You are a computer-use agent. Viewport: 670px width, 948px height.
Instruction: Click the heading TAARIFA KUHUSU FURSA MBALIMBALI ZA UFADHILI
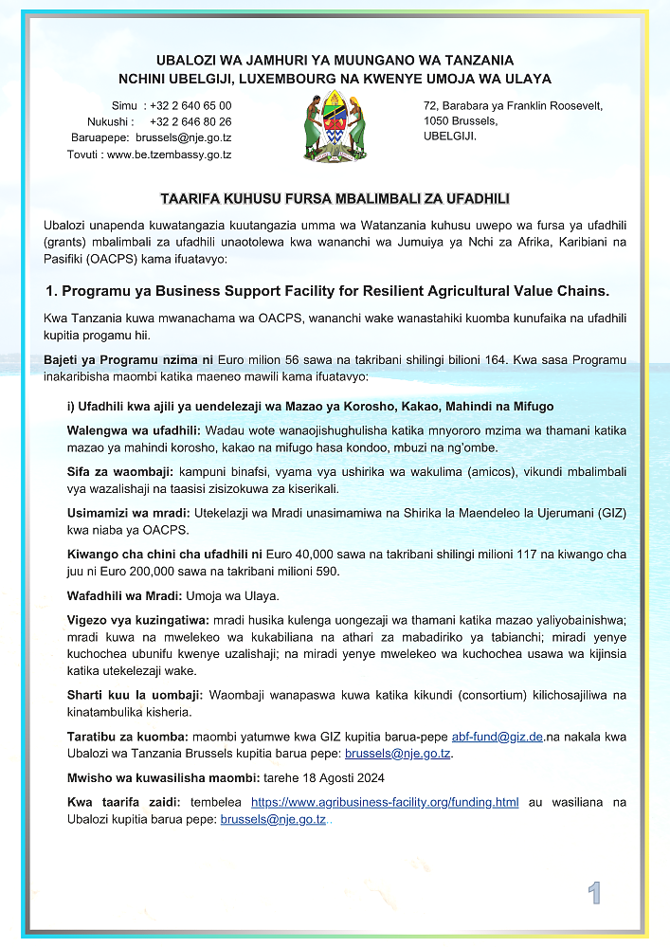335,199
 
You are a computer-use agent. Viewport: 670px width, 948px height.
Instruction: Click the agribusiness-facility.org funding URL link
385,802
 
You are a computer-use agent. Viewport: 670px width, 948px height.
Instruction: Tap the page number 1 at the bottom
594,893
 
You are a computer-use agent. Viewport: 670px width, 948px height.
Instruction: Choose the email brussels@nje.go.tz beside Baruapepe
184,137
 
